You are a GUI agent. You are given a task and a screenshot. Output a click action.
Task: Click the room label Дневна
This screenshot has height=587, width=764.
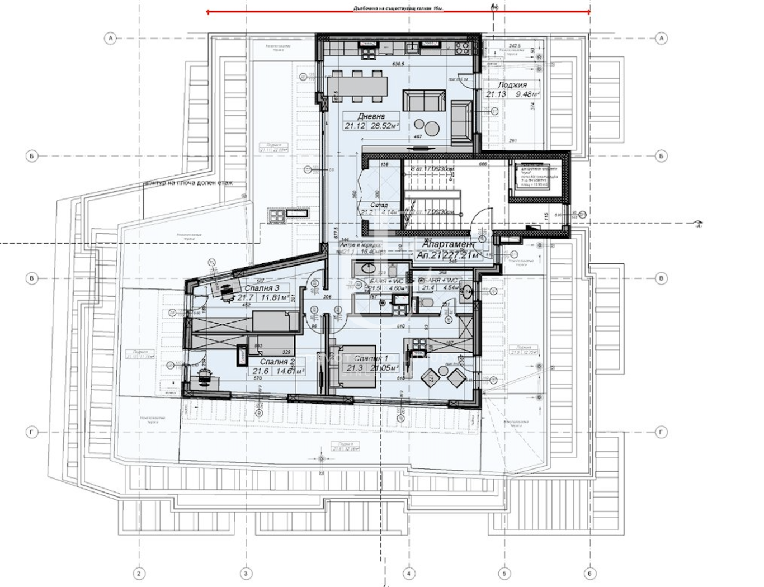tap(371, 116)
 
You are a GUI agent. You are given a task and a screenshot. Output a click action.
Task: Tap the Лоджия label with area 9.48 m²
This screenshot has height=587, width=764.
tap(512, 85)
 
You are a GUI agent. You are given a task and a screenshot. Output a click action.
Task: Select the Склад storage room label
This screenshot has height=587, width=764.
tap(379, 205)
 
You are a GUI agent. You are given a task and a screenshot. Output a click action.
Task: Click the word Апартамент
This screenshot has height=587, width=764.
tap(448, 244)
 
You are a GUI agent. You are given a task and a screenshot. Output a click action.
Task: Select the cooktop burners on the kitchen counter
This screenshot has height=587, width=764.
tap(462, 47)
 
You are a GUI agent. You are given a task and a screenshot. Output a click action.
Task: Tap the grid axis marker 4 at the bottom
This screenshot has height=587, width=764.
tap(408, 573)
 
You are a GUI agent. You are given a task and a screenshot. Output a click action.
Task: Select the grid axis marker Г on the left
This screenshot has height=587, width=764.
tap(32, 432)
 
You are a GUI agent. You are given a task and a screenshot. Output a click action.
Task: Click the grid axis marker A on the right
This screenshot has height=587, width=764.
tap(661, 39)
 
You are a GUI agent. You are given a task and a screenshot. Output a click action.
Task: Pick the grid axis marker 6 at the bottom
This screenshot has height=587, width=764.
tap(589, 573)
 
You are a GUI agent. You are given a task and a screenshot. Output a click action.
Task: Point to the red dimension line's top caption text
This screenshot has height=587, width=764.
tap(398, 8)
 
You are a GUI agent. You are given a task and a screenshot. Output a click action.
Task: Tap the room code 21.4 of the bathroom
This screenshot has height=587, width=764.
tap(428, 288)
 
